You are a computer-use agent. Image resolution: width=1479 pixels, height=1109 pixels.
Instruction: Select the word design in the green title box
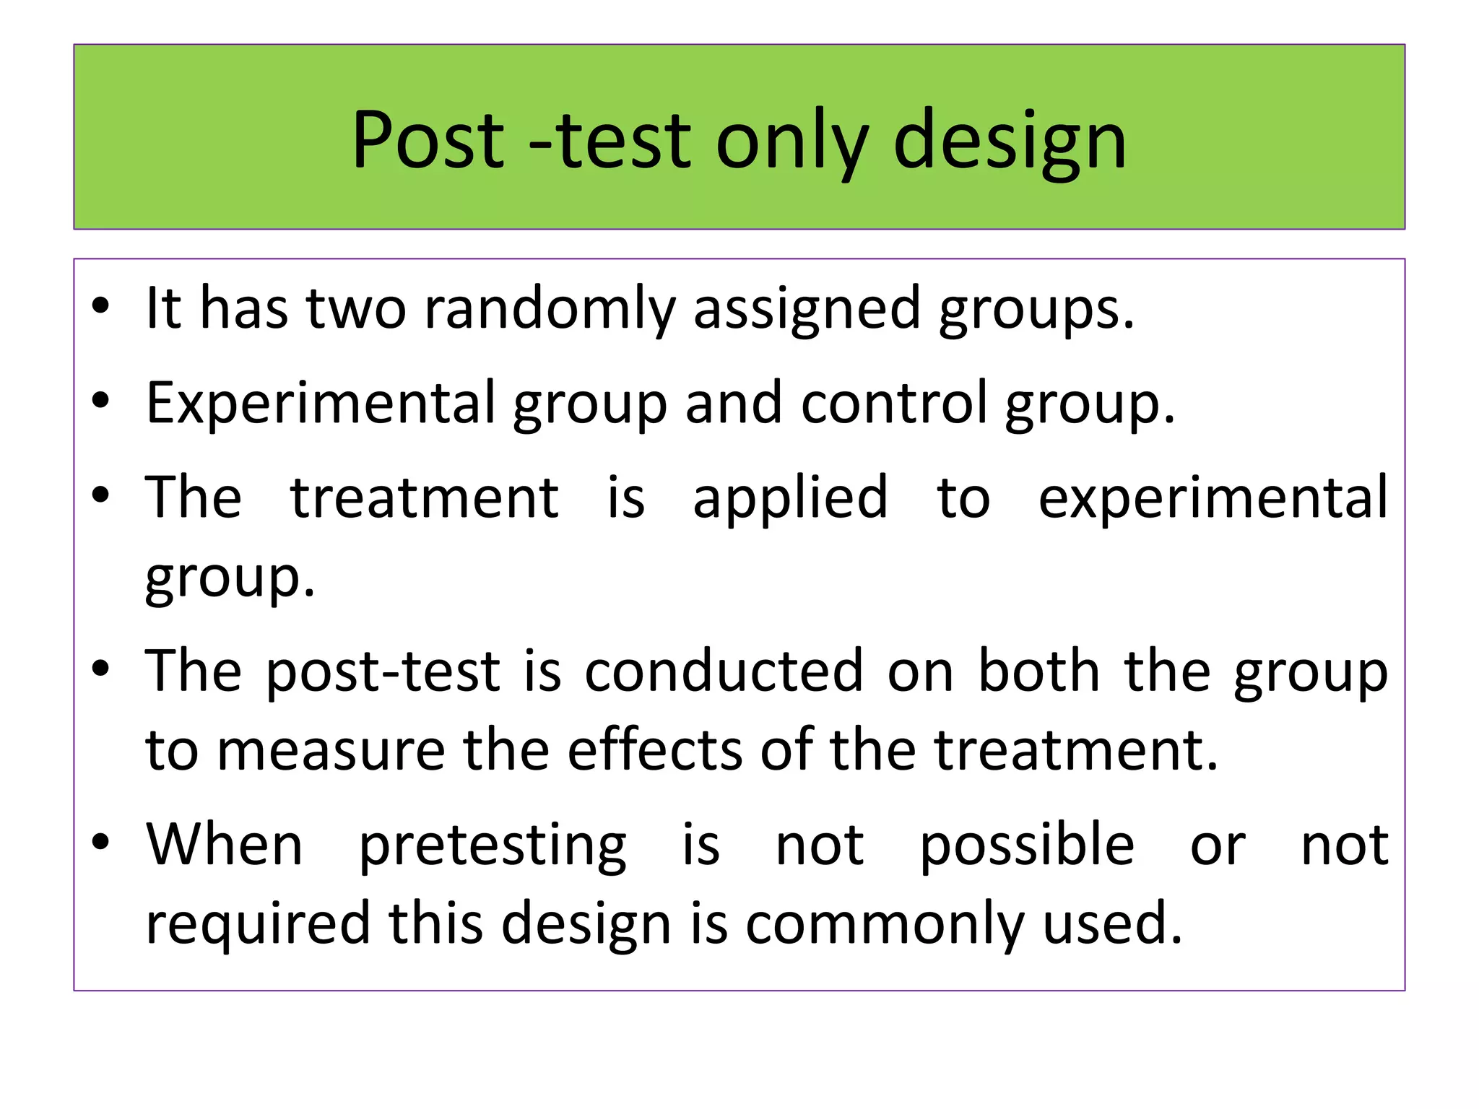click(1010, 142)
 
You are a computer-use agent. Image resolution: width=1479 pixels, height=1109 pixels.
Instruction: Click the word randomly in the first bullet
click(549, 309)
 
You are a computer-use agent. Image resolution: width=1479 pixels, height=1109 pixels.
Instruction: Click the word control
click(894, 402)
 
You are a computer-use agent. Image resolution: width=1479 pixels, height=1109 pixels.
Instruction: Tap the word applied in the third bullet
click(790, 499)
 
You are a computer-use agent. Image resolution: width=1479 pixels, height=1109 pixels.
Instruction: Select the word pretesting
click(493, 846)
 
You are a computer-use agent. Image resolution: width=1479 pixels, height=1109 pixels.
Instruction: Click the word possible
click(1026, 845)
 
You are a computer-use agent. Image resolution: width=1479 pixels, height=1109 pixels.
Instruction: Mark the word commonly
click(885, 925)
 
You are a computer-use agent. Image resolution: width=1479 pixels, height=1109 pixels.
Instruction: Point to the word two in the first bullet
click(356, 309)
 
